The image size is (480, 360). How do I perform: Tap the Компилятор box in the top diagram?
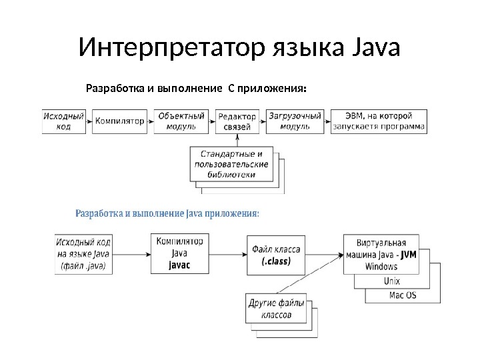point(120,121)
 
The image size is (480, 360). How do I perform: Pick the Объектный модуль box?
point(177,121)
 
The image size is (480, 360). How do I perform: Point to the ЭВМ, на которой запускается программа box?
point(379,121)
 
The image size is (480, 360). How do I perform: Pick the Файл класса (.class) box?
point(276,255)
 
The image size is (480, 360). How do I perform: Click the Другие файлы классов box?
point(276,309)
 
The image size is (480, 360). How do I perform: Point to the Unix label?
point(392,281)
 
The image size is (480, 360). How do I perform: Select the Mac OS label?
point(403,295)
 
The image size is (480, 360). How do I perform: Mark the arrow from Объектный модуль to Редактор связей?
point(207,121)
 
